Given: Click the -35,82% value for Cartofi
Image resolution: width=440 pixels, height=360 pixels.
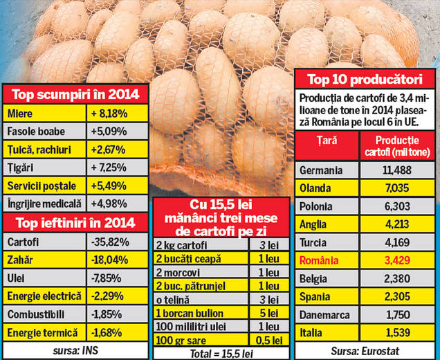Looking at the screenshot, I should pos(110,242).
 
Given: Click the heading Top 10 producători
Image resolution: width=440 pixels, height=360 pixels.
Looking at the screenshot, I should pos(365,79).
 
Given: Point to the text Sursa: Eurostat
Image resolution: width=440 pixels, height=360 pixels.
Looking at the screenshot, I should pos(364,351).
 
